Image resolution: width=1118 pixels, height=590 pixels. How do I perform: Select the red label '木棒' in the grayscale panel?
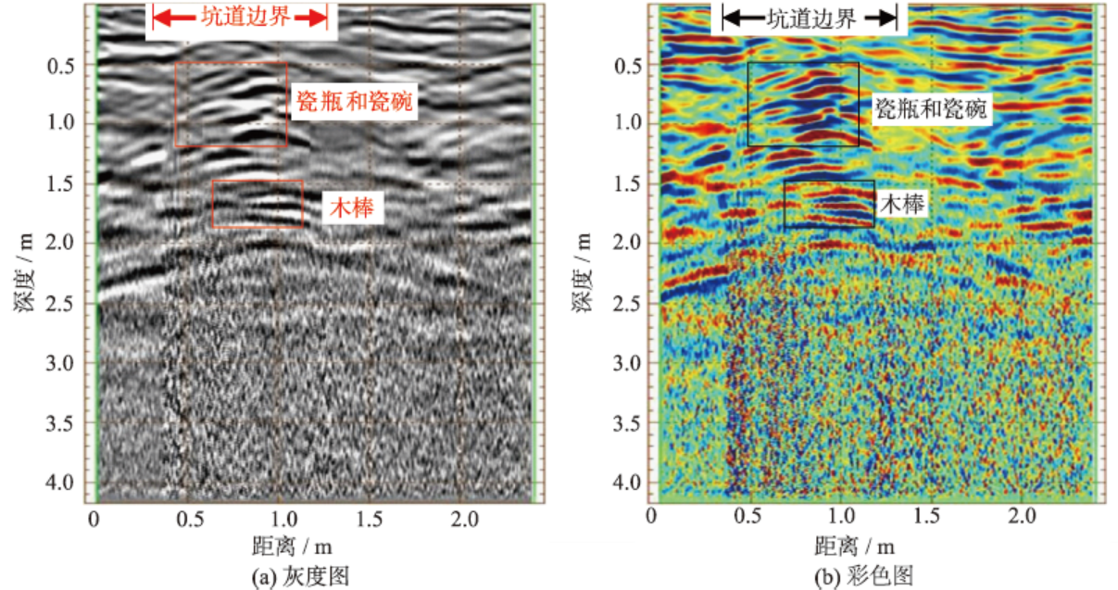pyautogui.click(x=353, y=208)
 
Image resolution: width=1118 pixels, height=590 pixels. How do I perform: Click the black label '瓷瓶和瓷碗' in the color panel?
pyautogui.click(x=932, y=109)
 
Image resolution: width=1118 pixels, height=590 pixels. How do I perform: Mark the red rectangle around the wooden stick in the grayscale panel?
pyautogui.click(x=258, y=182)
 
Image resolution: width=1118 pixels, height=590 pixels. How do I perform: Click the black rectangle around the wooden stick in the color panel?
pyautogui.click(x=829, y=182)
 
